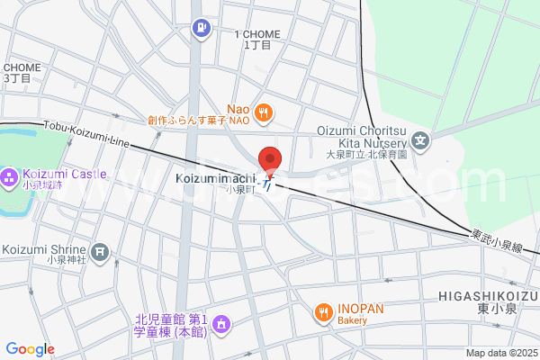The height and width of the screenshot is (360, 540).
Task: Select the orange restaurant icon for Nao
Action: tap(264, 112)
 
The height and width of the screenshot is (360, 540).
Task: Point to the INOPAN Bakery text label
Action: tap(361, 313)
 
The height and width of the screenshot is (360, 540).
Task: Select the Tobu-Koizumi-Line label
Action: tap(85, 136)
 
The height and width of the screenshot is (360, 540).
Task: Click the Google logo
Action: tap(31, 349)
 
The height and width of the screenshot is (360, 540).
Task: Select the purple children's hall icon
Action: tap(224, 323)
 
